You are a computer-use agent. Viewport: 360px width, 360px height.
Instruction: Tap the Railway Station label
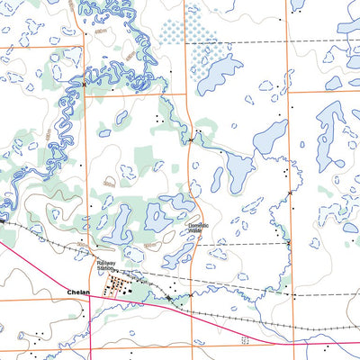point(108,266)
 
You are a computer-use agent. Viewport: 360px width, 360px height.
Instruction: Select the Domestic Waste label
point(198,229)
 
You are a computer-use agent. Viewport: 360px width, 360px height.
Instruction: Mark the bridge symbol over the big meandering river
point(84,84)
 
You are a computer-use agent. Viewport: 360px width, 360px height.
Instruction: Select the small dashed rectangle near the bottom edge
point(244,340)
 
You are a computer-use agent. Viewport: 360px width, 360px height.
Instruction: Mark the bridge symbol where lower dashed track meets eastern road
point(289,243)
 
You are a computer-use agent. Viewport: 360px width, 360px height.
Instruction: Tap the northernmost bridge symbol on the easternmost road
point(290,192)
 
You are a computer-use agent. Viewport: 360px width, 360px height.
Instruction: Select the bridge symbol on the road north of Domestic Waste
point(191,139)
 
